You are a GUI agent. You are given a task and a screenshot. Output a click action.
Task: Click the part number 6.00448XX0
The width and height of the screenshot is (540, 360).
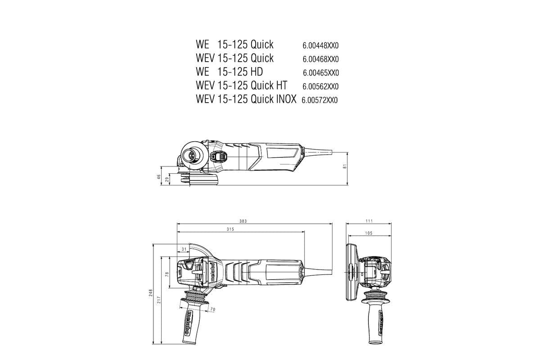pos(320,45)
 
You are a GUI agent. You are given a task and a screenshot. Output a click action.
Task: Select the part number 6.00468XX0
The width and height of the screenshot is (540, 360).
pos(320,59)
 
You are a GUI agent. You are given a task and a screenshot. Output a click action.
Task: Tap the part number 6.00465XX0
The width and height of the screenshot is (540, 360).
pos(320,72)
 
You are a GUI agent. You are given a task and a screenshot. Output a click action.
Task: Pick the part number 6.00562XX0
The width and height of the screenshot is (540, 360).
pos(320,86)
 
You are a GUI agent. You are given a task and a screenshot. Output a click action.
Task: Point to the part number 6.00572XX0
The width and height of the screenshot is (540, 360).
pos(319,100)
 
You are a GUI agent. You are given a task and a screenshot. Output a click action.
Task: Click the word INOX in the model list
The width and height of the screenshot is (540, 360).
pos(285,99)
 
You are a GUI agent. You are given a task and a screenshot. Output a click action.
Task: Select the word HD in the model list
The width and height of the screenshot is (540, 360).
pos(256,72)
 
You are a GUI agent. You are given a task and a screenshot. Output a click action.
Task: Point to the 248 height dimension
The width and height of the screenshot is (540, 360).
pos(151,292)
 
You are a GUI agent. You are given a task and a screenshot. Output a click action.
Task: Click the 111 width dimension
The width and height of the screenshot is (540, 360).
pos(369,221)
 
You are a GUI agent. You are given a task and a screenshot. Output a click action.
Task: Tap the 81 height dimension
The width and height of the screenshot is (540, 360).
pos(345,166)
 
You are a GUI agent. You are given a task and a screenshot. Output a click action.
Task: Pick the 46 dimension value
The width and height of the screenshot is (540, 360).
pos(159,176)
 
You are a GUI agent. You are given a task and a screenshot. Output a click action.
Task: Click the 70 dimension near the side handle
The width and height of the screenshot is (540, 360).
pos(213,310)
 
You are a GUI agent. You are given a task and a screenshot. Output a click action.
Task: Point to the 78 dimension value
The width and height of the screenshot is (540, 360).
pos(166,274)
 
